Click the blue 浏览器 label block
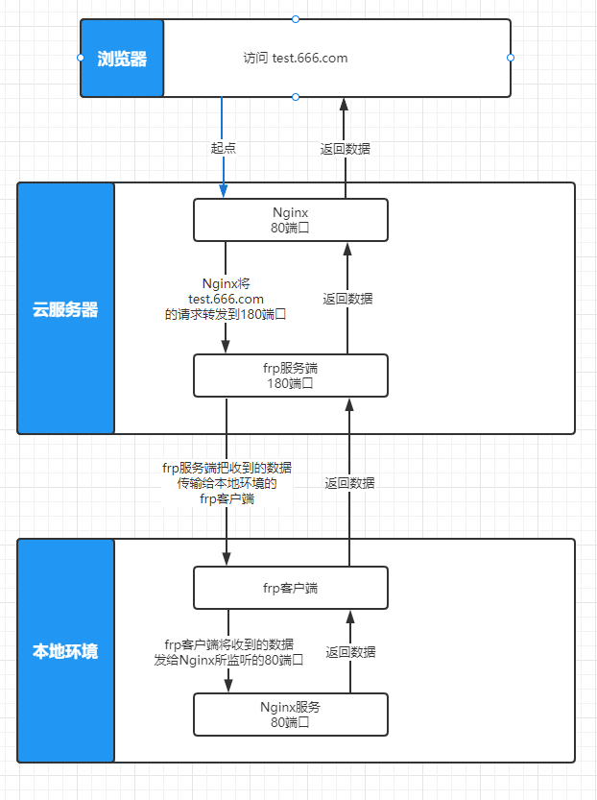coord(122,59)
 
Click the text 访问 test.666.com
coord(296,58)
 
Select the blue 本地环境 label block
coord(66,651)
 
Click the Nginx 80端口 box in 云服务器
coord(291,220)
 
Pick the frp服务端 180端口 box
coord(291,376)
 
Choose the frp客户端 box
coord(291,588)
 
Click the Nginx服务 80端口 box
coord(291,714)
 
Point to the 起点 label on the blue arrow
coord(224,149)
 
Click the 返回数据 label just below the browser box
coord(346,149)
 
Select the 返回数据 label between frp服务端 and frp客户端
coord(349,483)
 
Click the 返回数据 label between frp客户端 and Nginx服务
coord(350,652)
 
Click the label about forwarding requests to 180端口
coord(227,299)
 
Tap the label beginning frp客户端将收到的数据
coord(229,652)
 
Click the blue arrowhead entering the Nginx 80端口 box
coord(224,191)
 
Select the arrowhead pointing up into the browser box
coord(344,104)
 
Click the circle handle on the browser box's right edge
coord(511,58)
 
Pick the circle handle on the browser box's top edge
coord(296,19)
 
